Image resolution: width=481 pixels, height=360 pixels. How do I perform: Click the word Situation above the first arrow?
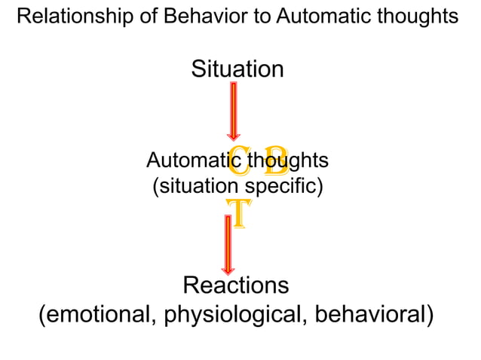tap(237, 69)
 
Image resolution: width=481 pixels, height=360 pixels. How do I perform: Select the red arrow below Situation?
tap(234, 109)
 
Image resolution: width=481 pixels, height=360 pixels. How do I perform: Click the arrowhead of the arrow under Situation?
tap(234, 134)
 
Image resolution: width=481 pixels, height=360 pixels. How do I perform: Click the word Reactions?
tap(236, 286)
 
